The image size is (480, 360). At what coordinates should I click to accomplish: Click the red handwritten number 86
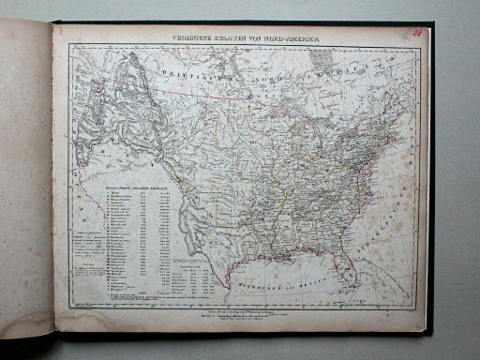click(415, 31)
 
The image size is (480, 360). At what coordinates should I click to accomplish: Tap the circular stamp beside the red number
click(402, 34)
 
